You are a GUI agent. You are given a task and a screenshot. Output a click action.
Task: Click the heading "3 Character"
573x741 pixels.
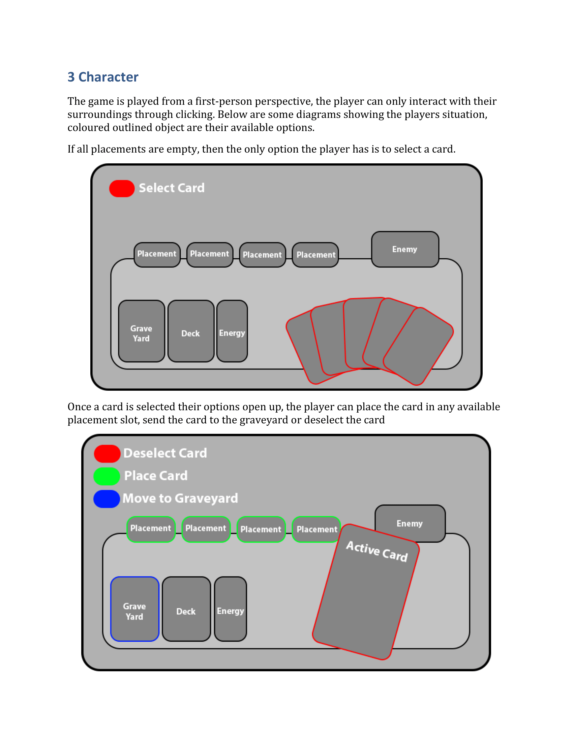[x=103, y=77]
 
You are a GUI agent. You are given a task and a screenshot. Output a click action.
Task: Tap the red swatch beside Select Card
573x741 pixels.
[x=122, y=188]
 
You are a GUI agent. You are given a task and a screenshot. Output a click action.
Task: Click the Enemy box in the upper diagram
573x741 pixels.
[x=405, y=249]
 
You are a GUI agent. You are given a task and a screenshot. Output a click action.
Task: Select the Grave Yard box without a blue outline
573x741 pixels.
[x=142, y=331]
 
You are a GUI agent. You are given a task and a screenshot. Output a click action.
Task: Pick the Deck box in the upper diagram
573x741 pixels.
[x=191, y=331]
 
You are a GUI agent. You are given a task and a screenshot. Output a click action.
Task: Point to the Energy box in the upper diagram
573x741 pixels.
[x=232, y=331]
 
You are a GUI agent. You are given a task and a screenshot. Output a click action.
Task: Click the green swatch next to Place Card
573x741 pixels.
[x=107, y=476]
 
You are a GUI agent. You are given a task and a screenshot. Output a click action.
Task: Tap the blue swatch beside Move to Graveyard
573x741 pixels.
[x=107, y=499]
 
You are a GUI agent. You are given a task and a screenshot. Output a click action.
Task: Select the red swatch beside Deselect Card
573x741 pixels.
[x=107, y=454]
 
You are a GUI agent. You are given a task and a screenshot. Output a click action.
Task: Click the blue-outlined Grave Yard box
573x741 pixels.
[x=135, y=609]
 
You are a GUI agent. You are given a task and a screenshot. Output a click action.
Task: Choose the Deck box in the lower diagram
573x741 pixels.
[x=186, y=609]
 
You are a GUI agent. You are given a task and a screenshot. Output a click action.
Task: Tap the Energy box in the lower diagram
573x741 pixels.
[x=231, y=609]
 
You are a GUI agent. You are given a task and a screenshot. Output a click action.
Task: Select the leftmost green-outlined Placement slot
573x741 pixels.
[x=151, y=529]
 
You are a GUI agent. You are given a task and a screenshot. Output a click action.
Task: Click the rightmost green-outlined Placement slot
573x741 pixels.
[x=316, y=529]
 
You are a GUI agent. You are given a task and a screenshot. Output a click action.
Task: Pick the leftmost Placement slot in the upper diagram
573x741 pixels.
[x=157, y=254]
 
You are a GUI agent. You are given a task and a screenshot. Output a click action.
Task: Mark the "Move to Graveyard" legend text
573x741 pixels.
[x=180, y=498]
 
